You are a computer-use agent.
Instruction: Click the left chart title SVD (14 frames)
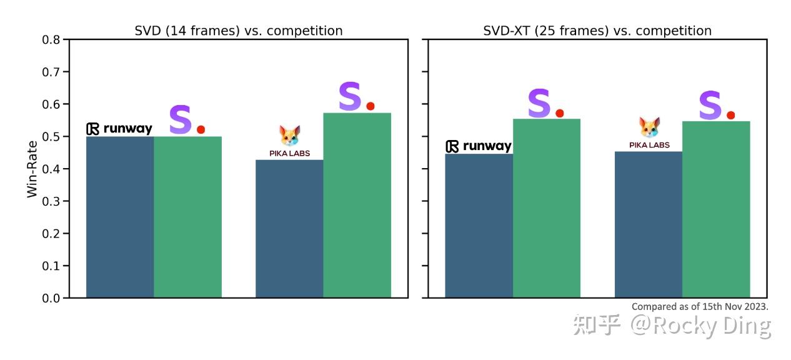tap(239, 31)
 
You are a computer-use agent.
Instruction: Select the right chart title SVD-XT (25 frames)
tap(597, 31)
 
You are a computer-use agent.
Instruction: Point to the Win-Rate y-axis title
tap(32, 169)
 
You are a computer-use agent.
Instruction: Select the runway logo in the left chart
tap(119, 129)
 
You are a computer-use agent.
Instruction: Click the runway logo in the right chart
tap(479, 146)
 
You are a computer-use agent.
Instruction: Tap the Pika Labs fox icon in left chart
tap(289, 136)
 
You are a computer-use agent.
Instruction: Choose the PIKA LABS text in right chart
tap(649, 145)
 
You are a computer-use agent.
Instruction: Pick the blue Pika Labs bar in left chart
tap(289, 229)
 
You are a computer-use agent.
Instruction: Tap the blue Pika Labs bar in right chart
tap(649, 224)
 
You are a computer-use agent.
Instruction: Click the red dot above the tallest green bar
tap(371, 106)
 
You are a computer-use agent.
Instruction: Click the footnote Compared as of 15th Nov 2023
tap(700, 306)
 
